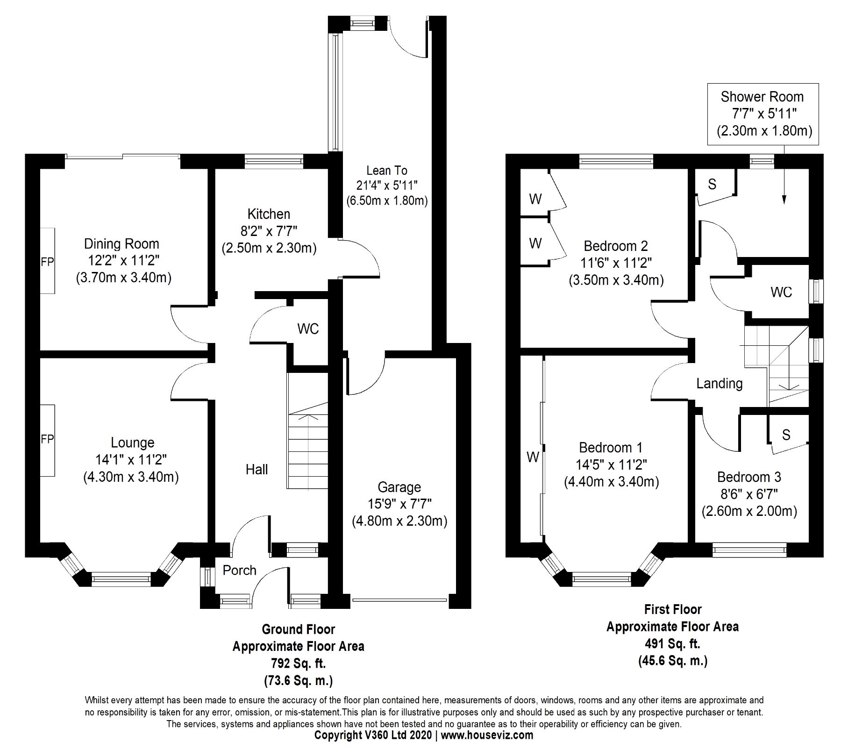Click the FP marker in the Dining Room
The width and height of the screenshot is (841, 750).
click(x=47, y=262)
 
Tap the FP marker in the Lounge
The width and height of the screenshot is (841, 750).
click(x=47, y=439)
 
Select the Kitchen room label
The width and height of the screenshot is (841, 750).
click(x=269, y=214)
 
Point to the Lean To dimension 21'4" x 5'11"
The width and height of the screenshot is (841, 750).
click(x=386, y=186)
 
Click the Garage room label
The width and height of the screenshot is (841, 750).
click(x=399, y=487)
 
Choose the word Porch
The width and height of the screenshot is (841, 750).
click(x=240, y=570)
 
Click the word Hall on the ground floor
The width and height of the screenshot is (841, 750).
click(x=257, y=469)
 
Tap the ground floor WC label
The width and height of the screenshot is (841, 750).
click(x=308, y=329)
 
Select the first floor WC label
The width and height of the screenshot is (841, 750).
click(x=781, y=292)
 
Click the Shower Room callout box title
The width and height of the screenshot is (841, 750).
click(x=762, y=97)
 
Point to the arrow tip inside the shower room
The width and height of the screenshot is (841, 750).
click(x=784, y=203)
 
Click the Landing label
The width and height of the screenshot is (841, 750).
click(x=720, y=384)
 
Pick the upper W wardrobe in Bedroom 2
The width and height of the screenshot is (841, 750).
click(x=535, y=199)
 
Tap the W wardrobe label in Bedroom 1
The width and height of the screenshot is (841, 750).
click(x=533, y=457)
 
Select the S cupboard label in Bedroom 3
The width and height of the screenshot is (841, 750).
click(x=786, y=435)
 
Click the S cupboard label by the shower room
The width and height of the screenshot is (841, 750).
click(x=712, y=184)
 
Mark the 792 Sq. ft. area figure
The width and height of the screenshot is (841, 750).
click(x=299, y=664)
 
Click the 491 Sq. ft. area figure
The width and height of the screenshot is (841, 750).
click(x=673, y=644)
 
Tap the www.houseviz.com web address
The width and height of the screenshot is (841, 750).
click(x=487, y=735)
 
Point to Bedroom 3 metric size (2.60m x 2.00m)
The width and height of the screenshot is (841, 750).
click(x=749, y=511)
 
